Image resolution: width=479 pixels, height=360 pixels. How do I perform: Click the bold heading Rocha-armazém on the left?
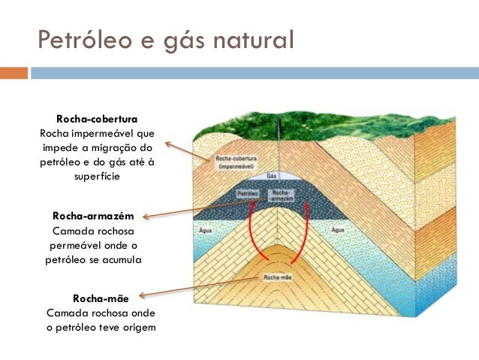tap(93, 216)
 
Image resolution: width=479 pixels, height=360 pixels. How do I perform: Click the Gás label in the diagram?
tap(272, 175)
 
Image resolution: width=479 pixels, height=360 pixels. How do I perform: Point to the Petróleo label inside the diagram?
tap(248, 193)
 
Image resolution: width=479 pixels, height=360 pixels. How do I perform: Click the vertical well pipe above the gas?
tap(277, 154)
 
